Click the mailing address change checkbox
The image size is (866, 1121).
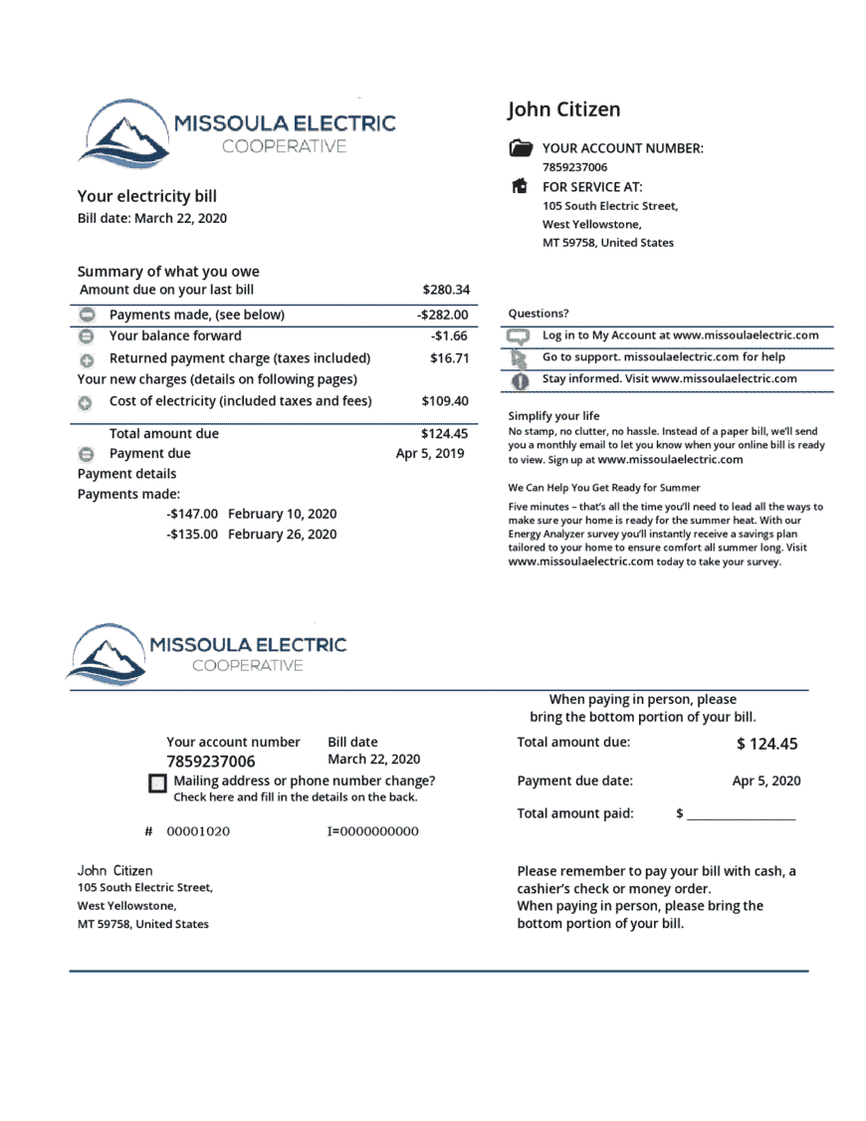click(x=157, y=784)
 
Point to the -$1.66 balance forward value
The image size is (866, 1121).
click(x=449, y=336)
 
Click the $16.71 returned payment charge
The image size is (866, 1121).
click(x=449, y=357)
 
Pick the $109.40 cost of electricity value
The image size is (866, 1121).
click(x=445, y=401)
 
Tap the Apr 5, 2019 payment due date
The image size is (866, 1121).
click(x=430, y=453)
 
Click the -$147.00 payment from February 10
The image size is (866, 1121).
click(x=192, y=514)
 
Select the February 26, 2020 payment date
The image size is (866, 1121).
click(x=282, y=535)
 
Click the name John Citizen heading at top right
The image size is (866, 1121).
click(x=563, y=110)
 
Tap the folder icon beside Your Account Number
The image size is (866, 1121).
click(x=520, y=148)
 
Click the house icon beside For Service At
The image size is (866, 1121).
click(x=520, y=186)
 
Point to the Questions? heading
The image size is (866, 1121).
click(x=539, y=313)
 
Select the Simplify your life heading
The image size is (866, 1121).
click(x=553, y=415)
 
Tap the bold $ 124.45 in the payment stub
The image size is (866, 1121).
click(x=766, y=744)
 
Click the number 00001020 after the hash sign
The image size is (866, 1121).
click(x=198, y=831)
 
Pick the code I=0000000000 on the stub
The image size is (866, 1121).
click(x=372, y=831)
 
